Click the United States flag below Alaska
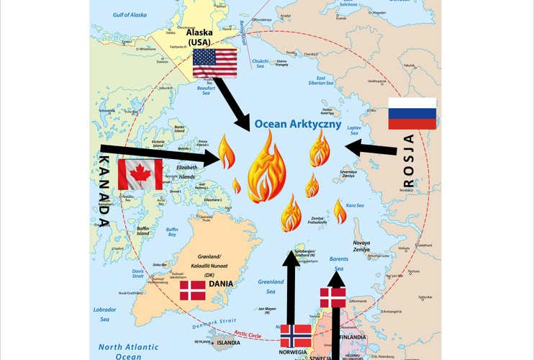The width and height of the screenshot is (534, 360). pyautogui.click(x=214, y=63)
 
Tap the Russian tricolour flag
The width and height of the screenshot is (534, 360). pyautogui.click(x=412, y=113)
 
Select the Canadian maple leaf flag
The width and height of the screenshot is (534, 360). pyautogui.click(x=140, y=174)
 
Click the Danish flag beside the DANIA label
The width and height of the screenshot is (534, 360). pyautogui.click(x=192, y=290)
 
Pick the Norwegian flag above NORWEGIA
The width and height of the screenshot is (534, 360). pyautogui.click(x=294, y=336)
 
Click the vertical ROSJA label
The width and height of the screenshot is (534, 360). pyautogui.click(x=409, y=161)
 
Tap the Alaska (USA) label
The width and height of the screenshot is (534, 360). pyautogui.click(x=201, y=37)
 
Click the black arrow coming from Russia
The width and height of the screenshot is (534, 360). pyautogui.click(x=371, y=149)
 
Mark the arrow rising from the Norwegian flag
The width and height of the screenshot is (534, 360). pyautogui.click(x=291, y=287)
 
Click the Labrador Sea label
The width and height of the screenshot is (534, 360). pyautogui.click(x=104, y=314)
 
